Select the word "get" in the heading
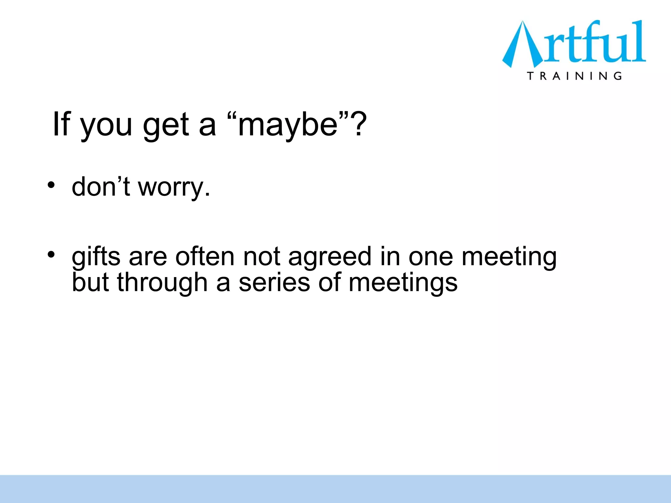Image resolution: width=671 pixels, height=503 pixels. point(166,126)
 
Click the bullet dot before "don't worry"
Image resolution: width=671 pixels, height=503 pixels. point(51,185)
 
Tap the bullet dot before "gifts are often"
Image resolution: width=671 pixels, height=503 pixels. point(51,254)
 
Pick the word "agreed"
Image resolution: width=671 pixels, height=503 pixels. point(330,257)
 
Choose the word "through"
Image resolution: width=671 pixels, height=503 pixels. point(162,283)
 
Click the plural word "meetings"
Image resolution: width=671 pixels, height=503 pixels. point(403,283)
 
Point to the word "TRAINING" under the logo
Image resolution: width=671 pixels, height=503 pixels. point(574,76)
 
